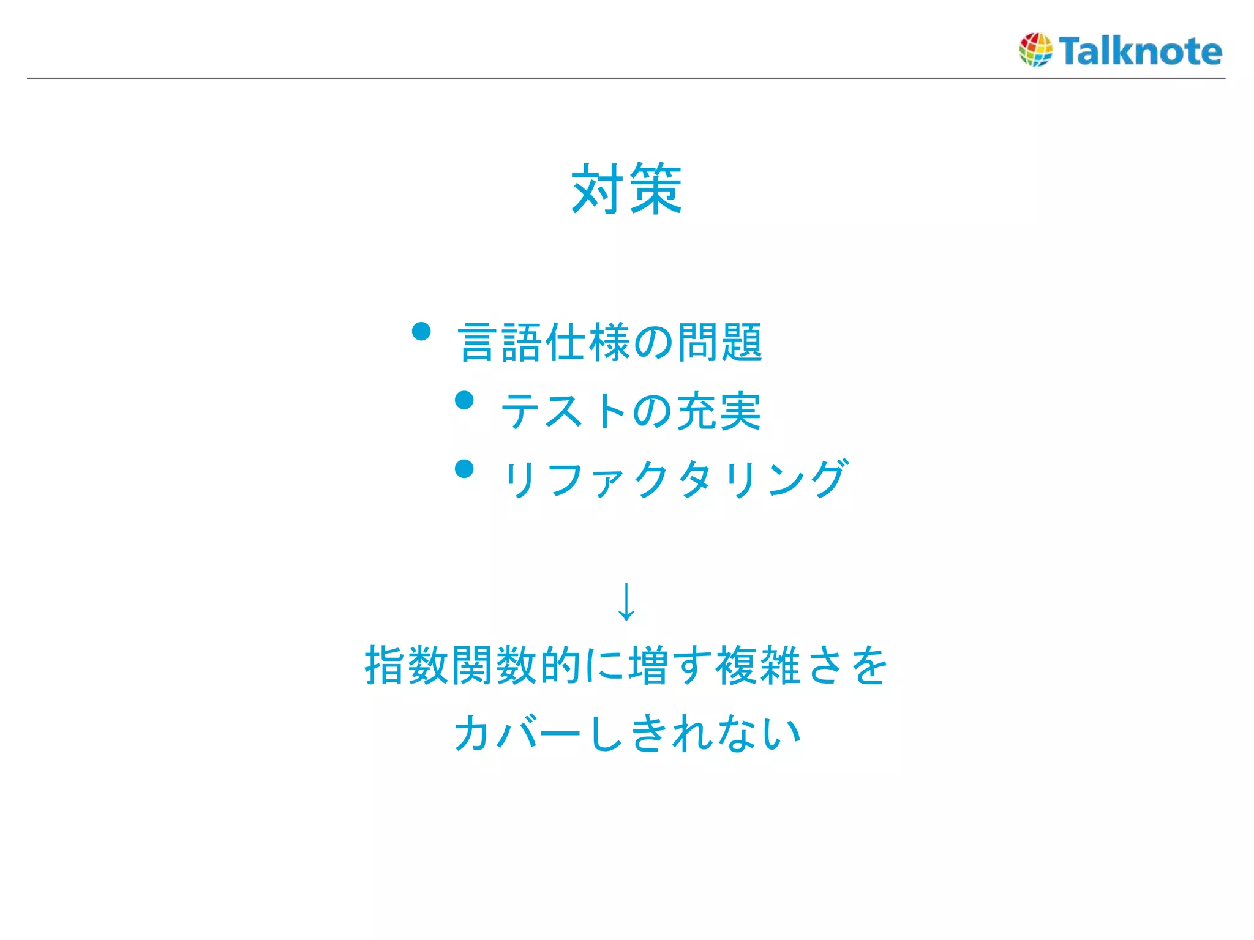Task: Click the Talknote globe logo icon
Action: click(1035, 50)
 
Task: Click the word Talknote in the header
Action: click(1141, 51)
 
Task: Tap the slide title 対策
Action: click(626, 189)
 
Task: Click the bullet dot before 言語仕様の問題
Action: click(421, 332)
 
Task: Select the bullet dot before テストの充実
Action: click(465, 400)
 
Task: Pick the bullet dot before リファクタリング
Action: click(465, 469)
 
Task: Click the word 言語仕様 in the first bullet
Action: click(545, 342)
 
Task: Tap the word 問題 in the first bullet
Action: click(719, 342)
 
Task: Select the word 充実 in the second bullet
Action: click(718, 411)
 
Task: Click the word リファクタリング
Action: click(674, 479)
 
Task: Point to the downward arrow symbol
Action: click(626, 602)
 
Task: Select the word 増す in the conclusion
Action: click(670, 665)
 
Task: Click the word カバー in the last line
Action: click(517, 733)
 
